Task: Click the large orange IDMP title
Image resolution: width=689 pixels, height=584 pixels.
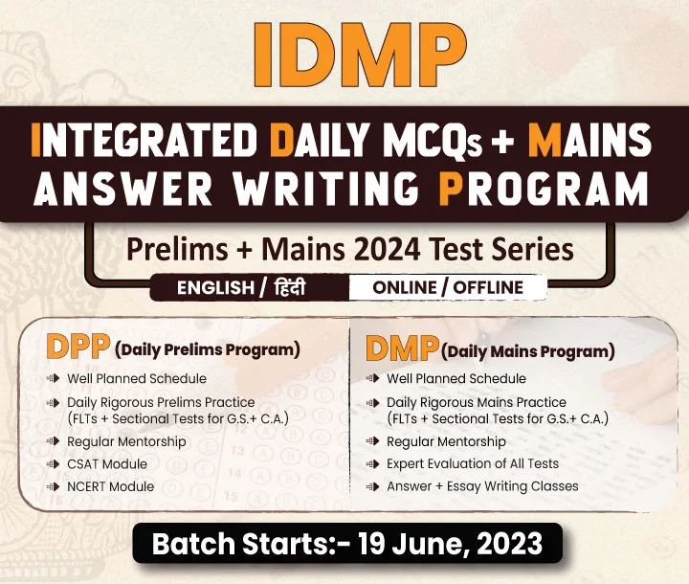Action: coord(361,55)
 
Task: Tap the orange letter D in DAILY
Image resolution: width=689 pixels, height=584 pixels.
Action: coord(281,139)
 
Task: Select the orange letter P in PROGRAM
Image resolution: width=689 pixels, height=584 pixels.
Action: coord(451,188)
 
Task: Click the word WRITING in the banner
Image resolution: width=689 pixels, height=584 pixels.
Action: coord(325,188)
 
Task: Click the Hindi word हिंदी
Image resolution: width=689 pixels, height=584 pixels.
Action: coord(290,287)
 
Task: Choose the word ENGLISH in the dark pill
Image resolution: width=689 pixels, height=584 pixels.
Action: coord(215,288)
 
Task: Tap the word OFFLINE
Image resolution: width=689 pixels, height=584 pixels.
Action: coord(488,287)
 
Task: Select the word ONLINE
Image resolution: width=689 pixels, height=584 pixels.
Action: coord(405,287)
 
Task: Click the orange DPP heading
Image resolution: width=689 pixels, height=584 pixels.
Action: coord(78,347)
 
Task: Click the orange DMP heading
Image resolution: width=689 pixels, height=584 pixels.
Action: coord(402,348)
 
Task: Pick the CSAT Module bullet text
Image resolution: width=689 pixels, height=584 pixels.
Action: coord(107,464)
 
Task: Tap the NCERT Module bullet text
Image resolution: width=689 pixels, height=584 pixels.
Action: coord(111,486)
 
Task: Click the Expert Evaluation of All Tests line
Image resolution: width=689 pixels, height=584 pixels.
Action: coord(473,463)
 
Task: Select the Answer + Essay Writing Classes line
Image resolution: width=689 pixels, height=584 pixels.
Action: coord(482,486)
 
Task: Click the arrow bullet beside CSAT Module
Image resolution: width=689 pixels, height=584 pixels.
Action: coord(53,464)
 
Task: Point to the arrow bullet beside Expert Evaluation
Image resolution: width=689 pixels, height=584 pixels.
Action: coord(372,464)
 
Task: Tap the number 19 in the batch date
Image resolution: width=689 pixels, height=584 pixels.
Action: coord(371,544)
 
